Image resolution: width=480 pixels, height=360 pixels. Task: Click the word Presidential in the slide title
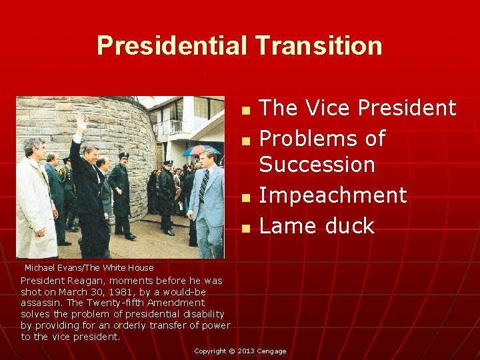pos(171,45)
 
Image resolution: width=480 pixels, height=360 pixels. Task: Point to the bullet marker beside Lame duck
pos(245,228)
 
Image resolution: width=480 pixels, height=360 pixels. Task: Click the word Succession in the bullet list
pos(317,163)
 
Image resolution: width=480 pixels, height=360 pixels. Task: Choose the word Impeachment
pos(332,195)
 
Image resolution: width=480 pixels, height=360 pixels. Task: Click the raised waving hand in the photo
pos(81,123)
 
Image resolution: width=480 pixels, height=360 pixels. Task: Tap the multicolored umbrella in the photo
pos(200,150)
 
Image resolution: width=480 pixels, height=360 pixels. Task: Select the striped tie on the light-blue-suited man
pos(203,185)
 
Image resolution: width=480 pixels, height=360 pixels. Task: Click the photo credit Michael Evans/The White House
pos(89,267)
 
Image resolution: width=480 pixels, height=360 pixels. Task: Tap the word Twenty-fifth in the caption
pos(127,303)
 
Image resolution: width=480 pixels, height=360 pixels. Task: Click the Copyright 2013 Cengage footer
pos(240,351)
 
